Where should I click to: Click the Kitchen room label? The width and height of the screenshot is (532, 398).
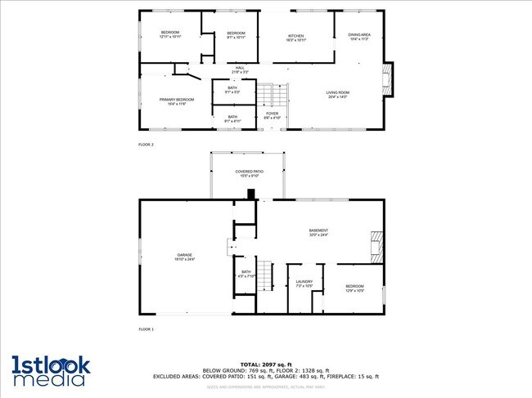[296, 38]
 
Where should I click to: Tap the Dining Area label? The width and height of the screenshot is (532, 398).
[359, 37]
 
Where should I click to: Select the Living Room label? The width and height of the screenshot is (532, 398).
[338, 95]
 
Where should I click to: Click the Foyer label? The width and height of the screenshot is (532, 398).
[272, 115]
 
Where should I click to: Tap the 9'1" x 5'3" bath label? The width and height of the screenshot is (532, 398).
[232, 90]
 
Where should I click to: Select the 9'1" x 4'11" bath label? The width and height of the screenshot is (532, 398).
[232, 119]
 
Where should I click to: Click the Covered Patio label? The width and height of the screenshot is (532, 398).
[247, 173]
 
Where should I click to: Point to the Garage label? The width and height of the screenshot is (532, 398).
[184, 257]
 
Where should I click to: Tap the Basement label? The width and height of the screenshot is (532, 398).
[318, 232]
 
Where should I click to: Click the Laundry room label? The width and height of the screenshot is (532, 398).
[304, 284]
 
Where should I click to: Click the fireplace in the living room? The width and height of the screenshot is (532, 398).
[388, 79]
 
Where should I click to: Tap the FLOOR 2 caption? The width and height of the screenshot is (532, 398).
[146, 144]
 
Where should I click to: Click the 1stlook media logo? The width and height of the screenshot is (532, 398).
[51, 369]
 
